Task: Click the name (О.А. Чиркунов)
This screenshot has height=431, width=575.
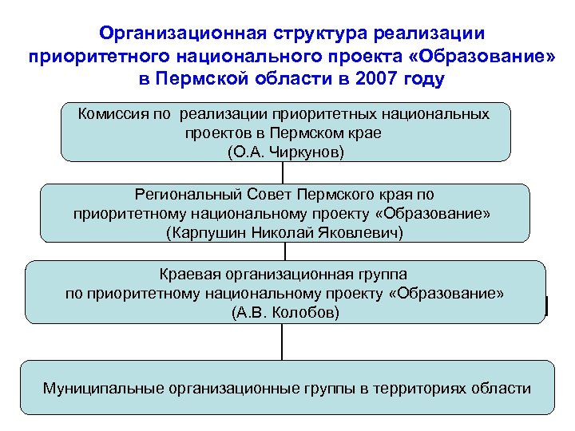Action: click(285, 151)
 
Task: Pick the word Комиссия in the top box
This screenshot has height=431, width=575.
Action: click(113, 113)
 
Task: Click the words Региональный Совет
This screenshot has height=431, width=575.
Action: click(213, 194)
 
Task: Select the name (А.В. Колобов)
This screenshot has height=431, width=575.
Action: click(285, 312)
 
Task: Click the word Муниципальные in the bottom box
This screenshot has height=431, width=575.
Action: click(102, 389)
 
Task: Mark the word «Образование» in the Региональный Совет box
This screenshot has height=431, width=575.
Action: click(432, 214)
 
